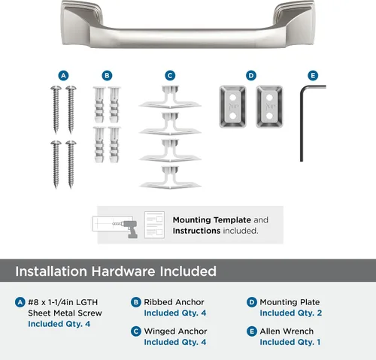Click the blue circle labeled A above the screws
[63, 76]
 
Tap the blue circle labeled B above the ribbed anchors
[107, 76]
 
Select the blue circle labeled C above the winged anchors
[170, 76]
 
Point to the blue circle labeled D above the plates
[251, 76]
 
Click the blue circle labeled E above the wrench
[313, 76]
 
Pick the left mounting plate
[232, 107]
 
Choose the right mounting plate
[269, 107]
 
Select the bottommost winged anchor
[170, 177]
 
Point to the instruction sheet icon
[154, 225]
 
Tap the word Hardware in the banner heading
[123, 271]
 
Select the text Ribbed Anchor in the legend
[174, 302]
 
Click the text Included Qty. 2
[291, 313]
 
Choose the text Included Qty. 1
[290, 342]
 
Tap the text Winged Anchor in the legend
[175, 331]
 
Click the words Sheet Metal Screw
[65, 313]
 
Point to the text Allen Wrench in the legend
[287, 331]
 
